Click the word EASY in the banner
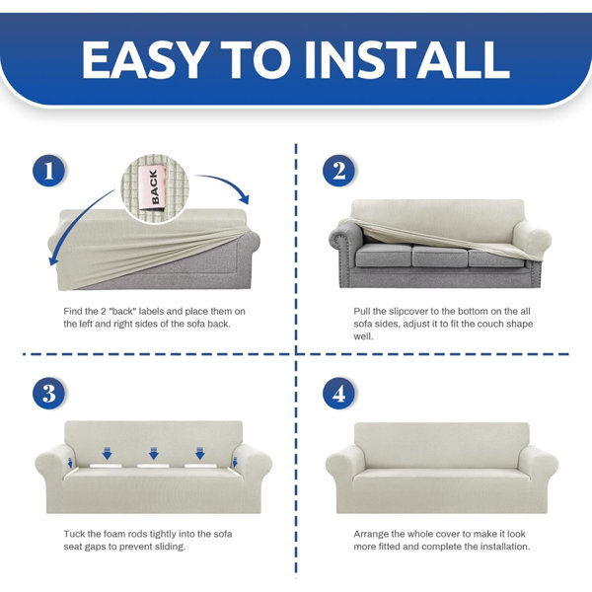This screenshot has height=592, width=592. (x=146, y=59)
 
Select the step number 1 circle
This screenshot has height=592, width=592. (x=49, y=171)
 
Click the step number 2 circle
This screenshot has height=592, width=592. (x=338, y=171)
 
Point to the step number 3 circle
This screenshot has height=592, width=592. (x=49, y=393)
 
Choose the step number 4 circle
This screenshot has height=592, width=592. (x=338, y=393)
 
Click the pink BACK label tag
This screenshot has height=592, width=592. (x=153, y=186)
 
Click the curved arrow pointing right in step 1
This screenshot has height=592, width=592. (x=226, y=184)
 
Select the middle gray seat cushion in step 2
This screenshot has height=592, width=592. (x=440, y=256)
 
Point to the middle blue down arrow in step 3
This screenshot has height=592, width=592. (x=154, y=453)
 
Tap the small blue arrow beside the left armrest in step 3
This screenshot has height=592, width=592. (x=70, y=462)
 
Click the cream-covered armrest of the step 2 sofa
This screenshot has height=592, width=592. (x=532, y=237)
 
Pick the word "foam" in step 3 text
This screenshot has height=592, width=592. (x=114, y=534)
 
